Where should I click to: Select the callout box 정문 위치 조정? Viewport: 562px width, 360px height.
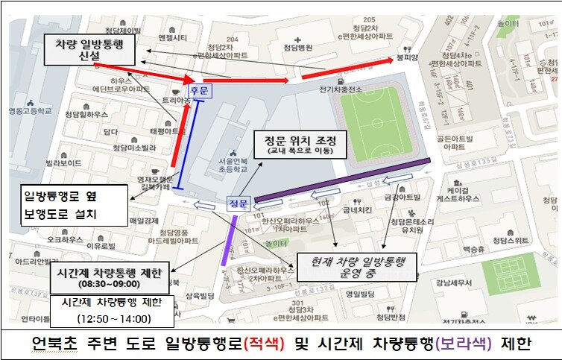pyautogui.click(x=296, y=144)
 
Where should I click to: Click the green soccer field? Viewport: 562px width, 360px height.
pyautogui.click(x=375, y=124)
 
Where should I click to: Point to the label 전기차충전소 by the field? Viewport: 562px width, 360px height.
pyautogui.click(x=341, y=90)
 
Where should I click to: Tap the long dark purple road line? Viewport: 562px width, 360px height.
pyautogui.click(x=343, y=180)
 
